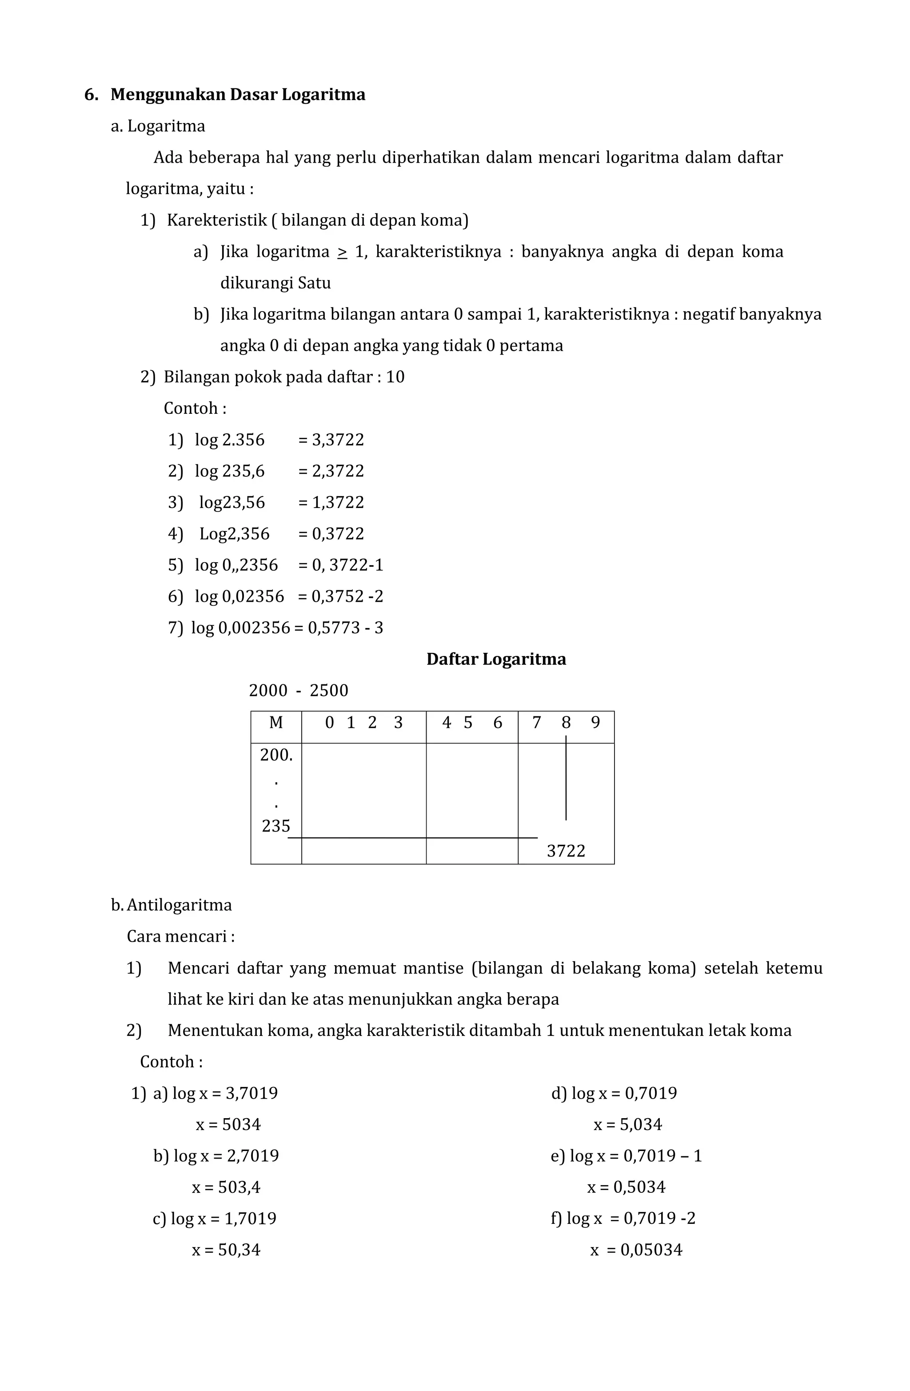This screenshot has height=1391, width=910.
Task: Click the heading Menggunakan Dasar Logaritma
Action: coord(237,94)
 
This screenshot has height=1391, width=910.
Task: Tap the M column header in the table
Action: coord(276,723)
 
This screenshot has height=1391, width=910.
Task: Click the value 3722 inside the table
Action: coord(565,851)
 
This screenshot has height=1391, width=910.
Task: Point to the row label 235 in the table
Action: coord(276,826)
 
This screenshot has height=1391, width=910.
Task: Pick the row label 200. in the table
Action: coord(276,755)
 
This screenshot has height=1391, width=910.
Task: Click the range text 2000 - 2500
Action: coord(298,690)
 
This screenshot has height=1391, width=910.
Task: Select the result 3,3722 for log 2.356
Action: coord(337,440)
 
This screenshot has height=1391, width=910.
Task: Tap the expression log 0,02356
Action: coord(239,596)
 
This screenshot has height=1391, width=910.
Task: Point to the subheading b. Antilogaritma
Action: coord(171,905)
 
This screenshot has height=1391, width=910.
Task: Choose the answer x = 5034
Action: coord(228,1124)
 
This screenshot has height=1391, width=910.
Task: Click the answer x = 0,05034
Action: coord(636,1250)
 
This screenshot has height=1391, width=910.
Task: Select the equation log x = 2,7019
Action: coord(226,1155)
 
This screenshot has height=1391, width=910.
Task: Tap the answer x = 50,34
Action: coord(226,1250)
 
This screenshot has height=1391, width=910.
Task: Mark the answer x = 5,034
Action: coord(628,1124)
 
